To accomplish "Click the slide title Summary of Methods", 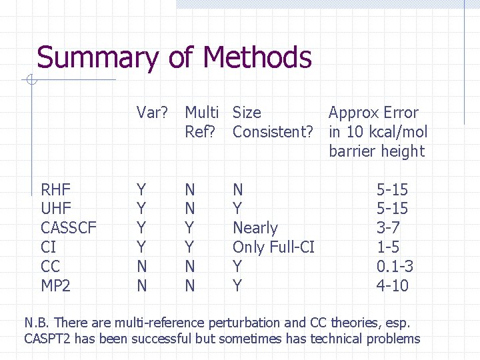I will (x=174, y=58).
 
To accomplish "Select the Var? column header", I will (x=152, y=113).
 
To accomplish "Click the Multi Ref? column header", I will (x=205, y=122).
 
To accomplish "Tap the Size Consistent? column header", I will (x=272, y=122).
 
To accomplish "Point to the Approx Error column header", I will (x=377, y=131).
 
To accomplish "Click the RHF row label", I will (x=56, y=189).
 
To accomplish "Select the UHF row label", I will (x=56, y=209).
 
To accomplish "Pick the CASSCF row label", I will (x=69, y=228).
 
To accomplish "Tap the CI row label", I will (x=49, y=247).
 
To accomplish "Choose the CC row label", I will (x=51, y=267).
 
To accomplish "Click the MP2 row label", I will (x=56, y=286).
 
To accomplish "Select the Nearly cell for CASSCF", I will (x=255, y=228).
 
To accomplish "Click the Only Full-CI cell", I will (x=273, y=247).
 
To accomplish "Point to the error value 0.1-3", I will (x=395, y=267).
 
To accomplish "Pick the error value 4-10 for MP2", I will (x=392, y=286).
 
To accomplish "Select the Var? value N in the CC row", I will (x=142, y=267).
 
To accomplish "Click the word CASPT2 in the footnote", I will (x=47, y=339).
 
